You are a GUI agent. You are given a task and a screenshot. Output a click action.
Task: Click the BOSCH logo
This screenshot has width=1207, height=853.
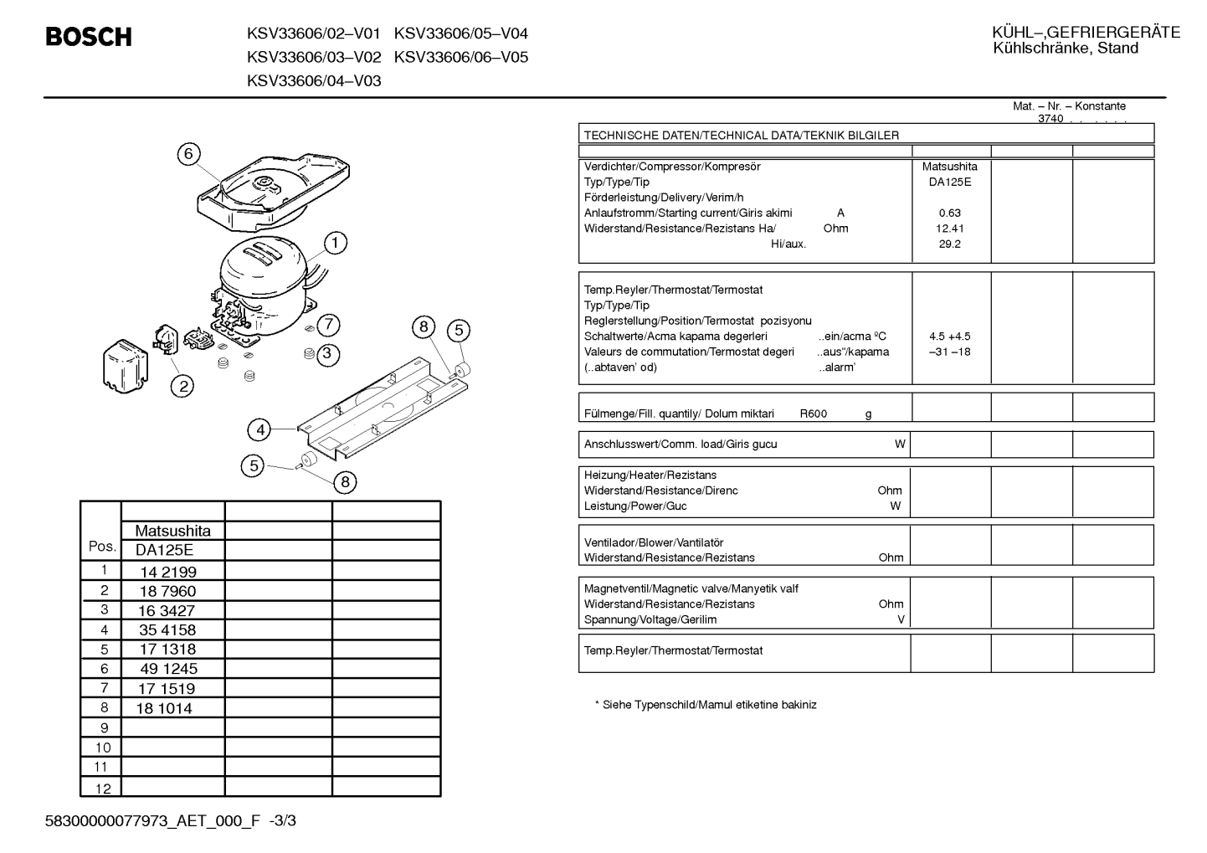point(89,37)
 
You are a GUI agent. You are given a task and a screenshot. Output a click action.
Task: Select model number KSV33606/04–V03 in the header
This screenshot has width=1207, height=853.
point(314,81)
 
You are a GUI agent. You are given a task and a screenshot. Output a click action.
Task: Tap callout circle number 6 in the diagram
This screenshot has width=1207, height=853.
point(188,154)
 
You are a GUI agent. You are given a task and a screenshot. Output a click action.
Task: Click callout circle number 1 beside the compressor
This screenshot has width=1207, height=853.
point(335,243)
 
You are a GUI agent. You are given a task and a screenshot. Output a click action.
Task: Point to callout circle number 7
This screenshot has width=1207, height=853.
point(328,325)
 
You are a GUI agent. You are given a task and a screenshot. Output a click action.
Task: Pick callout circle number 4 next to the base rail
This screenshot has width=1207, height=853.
point(259,429)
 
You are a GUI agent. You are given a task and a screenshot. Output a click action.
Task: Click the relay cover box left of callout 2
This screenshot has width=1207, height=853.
point(126,366)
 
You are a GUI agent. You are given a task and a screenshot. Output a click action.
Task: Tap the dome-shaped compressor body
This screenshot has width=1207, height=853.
point(264,283)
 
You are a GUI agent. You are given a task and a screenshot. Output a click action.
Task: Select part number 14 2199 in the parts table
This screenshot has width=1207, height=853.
point(168,572)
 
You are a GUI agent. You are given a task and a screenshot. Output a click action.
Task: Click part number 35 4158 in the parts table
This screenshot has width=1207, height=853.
point(167,630)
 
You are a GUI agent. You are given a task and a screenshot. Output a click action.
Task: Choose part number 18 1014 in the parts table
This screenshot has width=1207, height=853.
point(164,708)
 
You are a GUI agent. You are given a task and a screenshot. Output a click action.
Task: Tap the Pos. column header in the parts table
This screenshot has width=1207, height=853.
point(102,546)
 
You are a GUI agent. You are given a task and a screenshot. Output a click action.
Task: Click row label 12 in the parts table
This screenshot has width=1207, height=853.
point(103,789)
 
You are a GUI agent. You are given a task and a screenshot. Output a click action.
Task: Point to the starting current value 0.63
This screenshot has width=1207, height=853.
point(949,213)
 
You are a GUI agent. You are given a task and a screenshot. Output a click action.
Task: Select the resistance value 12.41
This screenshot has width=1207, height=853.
point(949,229)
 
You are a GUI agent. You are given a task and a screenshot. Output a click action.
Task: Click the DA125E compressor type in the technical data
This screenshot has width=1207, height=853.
point(949,182)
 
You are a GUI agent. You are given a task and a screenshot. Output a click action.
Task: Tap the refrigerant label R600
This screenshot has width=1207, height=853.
point(813,414)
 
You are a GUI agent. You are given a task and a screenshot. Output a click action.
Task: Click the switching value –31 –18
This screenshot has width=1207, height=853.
point(949,352)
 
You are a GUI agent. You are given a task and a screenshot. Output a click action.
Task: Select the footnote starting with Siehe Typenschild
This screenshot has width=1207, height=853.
point(706,705)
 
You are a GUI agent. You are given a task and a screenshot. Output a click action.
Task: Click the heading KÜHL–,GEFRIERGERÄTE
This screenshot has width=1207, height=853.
point(1086,33)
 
